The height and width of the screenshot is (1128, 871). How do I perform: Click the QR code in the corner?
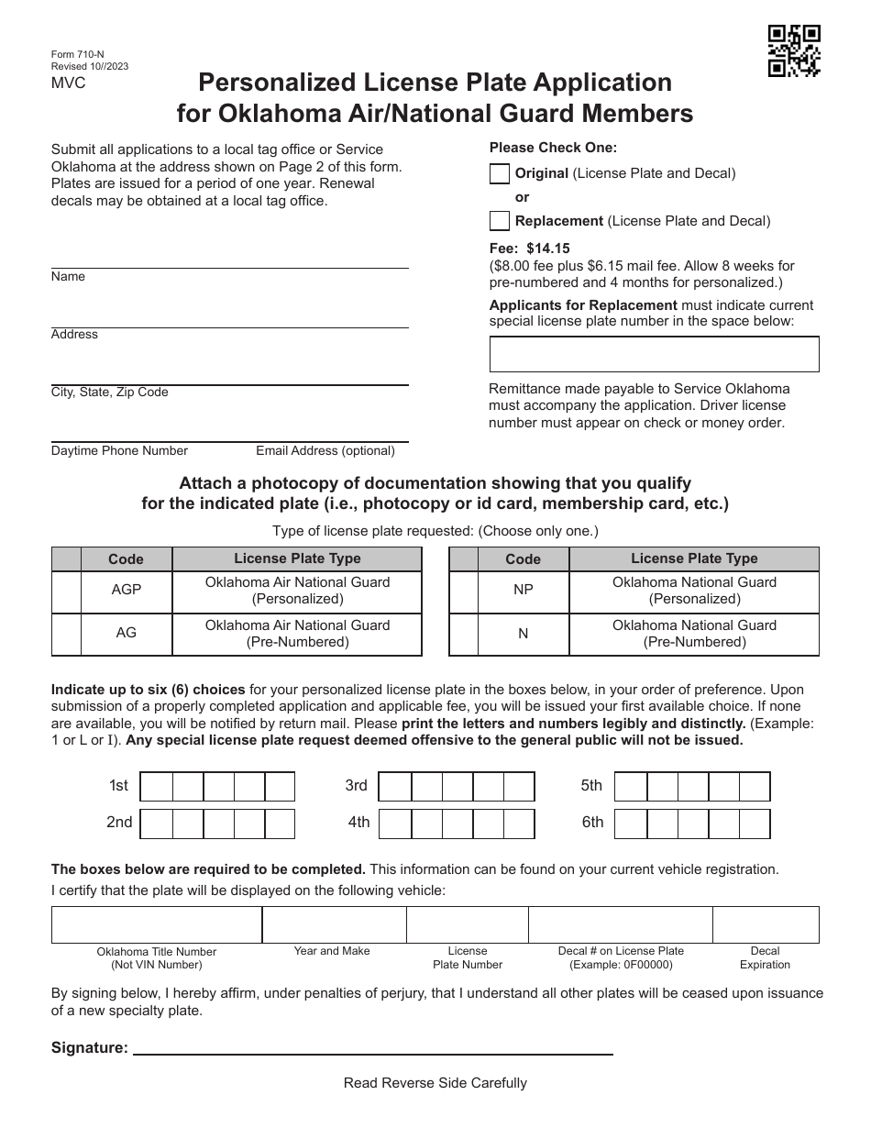(794, 51)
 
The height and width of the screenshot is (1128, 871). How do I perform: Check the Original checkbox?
(500, 173)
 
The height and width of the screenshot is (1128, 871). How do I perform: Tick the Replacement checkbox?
(500, 221)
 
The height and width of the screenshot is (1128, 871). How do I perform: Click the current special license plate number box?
(654, 354)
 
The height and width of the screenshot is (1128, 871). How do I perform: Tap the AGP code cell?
(127, 591)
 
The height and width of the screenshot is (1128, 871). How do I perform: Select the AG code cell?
(127, 634)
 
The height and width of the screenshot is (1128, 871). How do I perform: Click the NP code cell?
(524, 591)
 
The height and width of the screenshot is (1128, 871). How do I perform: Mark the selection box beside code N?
(463, 634)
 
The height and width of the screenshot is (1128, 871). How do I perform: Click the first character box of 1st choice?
(157, 786)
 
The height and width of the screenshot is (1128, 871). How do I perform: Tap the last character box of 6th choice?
(755, 824)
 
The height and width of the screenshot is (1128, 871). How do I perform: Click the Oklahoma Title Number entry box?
(157, 924)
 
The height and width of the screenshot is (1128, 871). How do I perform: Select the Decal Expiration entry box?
(766, 924)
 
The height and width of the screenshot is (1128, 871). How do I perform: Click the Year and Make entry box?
(334, 924)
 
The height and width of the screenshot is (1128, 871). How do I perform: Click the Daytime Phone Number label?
(119, 451)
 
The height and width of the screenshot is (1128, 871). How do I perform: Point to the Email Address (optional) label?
(325, 451)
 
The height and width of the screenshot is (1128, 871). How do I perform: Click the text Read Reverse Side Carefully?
(435, 1083)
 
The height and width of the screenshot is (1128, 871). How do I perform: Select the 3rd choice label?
(356, 786)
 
